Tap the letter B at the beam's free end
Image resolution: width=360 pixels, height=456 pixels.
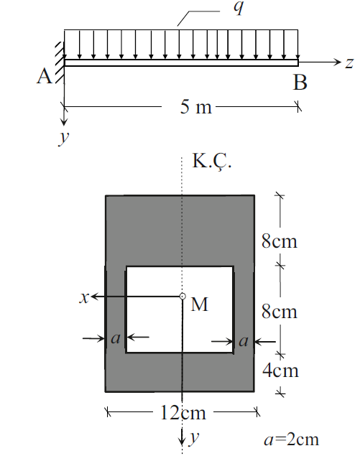pyautogui.click(x=300, y=83)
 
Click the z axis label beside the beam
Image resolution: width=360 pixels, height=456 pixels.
pyautogui.click(x=349, y=63)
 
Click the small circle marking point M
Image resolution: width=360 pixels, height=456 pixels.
pyautogui.click(x=183, y=296)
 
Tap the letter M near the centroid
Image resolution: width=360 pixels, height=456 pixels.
pyautogui.click(x=200, y=305)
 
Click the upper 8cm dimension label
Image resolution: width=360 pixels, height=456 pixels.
pyautogui.click(x=280, y=241)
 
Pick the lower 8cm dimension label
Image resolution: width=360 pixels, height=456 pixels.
pyautogui.click(x=280, y=312)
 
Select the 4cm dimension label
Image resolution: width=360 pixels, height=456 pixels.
pyautogui.click(x=280, y=371)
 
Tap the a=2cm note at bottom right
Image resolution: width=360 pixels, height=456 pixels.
pyautogui.click(x=292, y=439)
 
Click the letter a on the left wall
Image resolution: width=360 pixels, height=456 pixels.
pyautogui.click(x=114, y=337)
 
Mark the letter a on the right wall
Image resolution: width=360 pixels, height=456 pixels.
pyautogui.click(x=243, y=341)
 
